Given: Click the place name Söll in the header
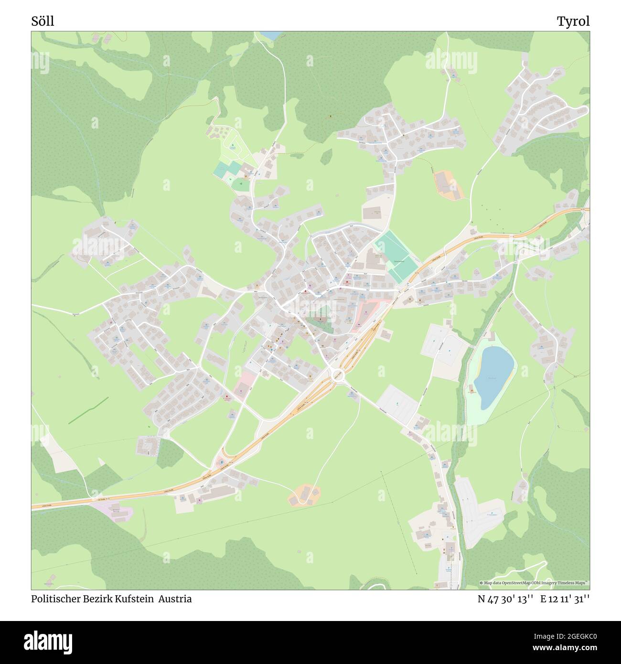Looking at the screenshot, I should coord(43,21).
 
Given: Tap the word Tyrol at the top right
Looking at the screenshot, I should coord(573,21).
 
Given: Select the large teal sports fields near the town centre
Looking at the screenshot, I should coord(395,256).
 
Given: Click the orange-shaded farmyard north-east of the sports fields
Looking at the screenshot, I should coord(448,185).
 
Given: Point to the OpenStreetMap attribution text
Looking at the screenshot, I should coord(535,583).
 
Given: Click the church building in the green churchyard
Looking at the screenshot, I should coord(319,319).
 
